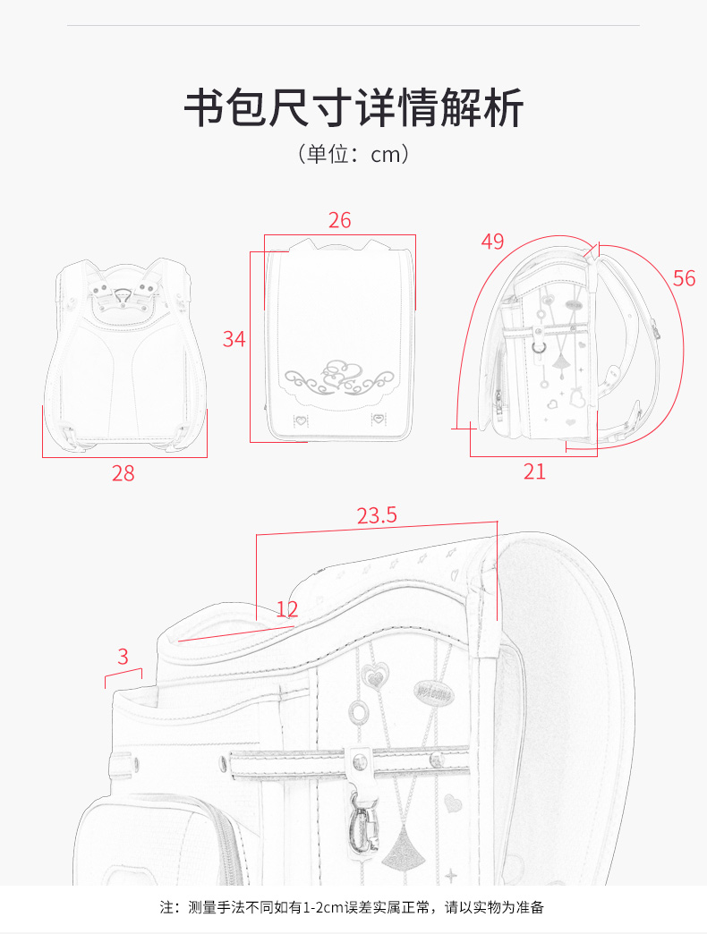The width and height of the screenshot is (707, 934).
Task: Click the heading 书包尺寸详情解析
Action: (353, 108)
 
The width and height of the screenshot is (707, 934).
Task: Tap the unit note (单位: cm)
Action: (353, 154)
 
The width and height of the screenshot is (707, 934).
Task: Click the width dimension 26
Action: (339, 220)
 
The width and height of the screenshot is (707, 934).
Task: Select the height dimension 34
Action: (234, 339)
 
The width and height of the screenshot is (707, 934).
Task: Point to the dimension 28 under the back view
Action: (124, 473)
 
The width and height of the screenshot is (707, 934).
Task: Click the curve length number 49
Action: (492, 242)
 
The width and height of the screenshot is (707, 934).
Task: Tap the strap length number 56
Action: (685, 278)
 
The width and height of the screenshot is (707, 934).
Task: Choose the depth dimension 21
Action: (534, 471)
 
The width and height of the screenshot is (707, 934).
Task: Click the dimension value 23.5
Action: (377, 515)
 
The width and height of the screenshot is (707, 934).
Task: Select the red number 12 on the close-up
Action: (287, 608)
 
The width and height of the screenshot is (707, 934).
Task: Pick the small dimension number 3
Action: (123, 657)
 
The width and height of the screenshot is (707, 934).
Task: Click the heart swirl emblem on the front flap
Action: (339, 377)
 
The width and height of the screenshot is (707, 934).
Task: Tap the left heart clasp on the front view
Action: (302, 420)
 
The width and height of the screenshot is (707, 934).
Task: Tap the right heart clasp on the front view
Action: (377, 420)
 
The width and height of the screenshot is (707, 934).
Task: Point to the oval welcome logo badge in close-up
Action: (433, 692)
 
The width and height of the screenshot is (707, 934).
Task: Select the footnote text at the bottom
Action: (353, 907)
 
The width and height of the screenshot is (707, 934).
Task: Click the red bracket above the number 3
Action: (124, 674)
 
